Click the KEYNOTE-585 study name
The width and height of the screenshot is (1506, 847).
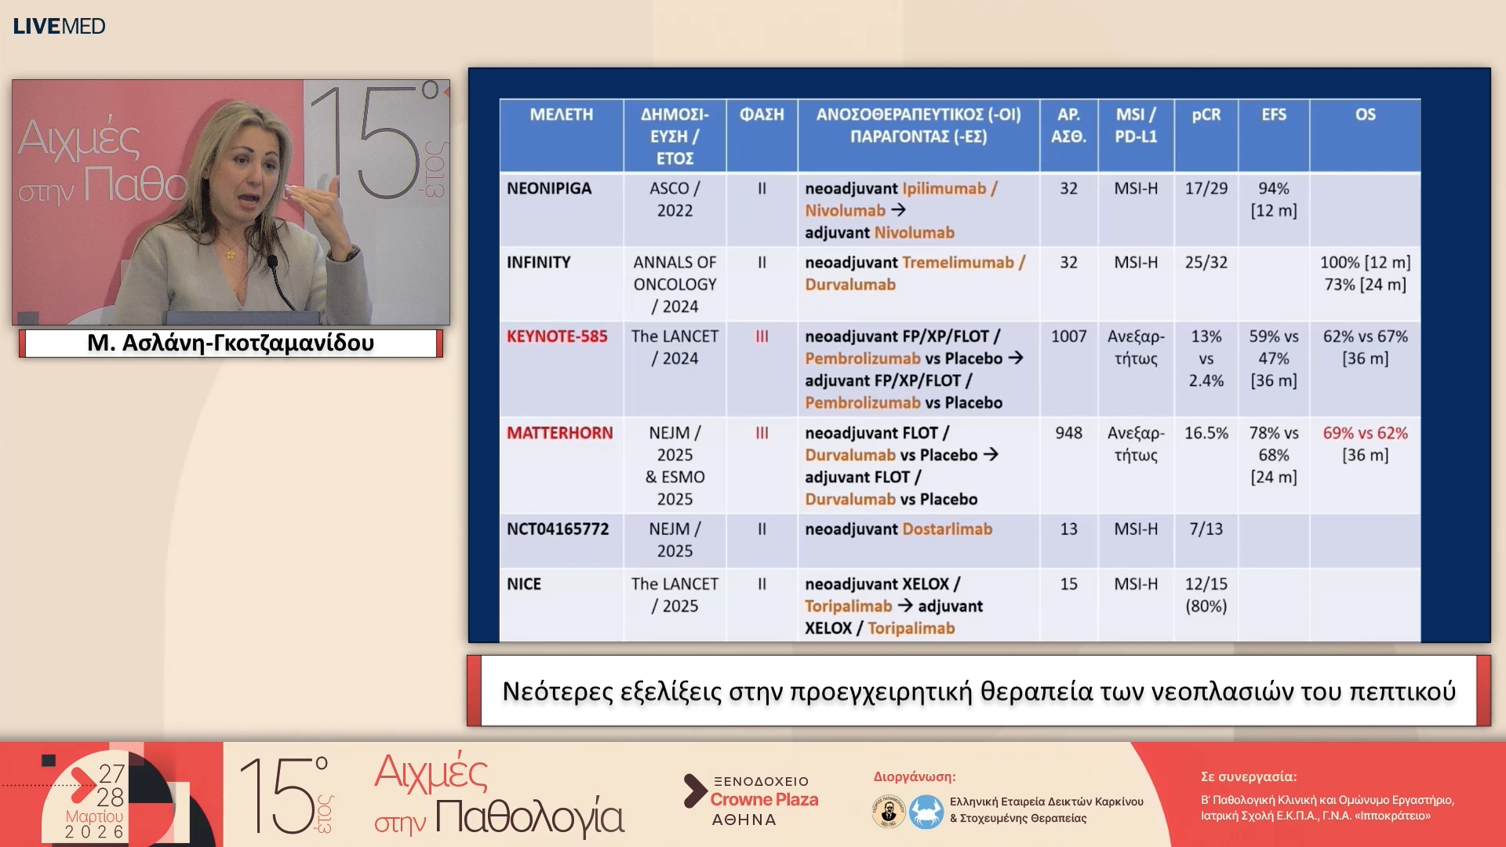pyautogui.click(x=557, y=336)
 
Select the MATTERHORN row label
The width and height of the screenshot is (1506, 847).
pyautogui.click(x=559, y=433)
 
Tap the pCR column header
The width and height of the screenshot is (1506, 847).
pyautogui.click(x=1206, y=115)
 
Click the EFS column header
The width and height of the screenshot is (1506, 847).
pyautogui.click(x=1274, y=115)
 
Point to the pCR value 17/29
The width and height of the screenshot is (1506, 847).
pyautogui.click(x=1206, y=189)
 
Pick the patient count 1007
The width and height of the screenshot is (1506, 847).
pyautogui.click(x=1068, y=336)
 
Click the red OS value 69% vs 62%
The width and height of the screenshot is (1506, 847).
pyautogui.click(x=1365, y=433)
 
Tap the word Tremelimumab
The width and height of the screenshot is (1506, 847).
pyautogui.click(x=958, y=263)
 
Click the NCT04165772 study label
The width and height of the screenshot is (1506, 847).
pyautogui.click(x=558, y=529)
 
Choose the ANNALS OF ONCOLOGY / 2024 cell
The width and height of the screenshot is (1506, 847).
pyautogui.click(x=675, y=284)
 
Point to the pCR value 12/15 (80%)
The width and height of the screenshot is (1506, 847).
pyautogui.click(x=1206, y=594)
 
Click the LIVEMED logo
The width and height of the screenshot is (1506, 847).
pyautogui.click(x=59, y=26)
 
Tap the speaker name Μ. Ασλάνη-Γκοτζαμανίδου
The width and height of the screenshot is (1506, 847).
pyautogui.click(x=231, y=343)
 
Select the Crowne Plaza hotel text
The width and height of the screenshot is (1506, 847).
pyautogui.click(x=764, y=799)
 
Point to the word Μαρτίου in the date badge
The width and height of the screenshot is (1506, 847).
pyautogui.click(x=94, y=816)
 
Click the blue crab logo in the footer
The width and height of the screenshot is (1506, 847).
pyautogui.click(x=926, y=811)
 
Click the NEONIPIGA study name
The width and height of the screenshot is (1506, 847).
pyautogui.click(x=549, y=189)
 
